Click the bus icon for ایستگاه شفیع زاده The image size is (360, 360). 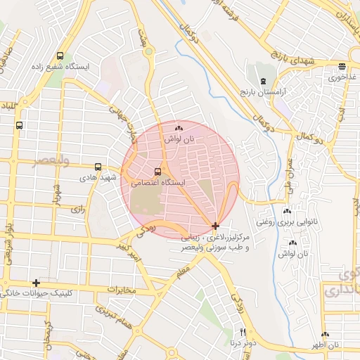[60, 56]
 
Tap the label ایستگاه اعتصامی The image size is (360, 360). [159, 182]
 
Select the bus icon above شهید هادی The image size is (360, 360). [98, 167]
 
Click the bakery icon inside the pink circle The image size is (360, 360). [178, 129]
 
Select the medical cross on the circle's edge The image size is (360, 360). [214, 226]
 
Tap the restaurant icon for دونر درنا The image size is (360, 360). [243, 332]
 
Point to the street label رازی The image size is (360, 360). [77, 209]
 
